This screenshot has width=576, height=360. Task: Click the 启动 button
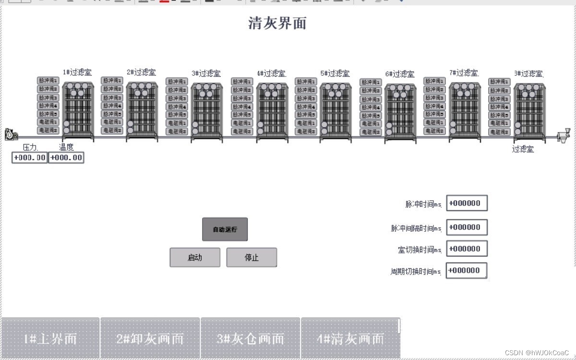point(195,257)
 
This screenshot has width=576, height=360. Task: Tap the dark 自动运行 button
point(225,229)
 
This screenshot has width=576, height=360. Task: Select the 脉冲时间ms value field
point(467,203)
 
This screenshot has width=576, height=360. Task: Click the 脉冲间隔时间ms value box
point(467,227)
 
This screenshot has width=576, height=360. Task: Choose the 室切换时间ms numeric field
point(467,249)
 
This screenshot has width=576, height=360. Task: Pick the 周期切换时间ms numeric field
point(467,270)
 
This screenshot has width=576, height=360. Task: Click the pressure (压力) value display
point(30,157)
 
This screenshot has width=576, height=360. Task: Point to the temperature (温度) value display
point(66,157)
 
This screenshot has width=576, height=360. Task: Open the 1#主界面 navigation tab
point(50,338)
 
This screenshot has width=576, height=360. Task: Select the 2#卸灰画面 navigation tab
point(150,338)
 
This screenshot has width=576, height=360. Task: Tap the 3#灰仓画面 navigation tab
point(250,338)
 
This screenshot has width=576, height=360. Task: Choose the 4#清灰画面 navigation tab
point(350,338)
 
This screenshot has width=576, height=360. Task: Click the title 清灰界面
point(277,23)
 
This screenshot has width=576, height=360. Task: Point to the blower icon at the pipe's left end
point(10,134)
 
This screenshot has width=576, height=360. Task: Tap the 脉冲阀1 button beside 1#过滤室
point(48,81)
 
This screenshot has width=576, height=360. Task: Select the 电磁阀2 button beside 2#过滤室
point(112,130)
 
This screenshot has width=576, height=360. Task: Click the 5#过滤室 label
point(335,73)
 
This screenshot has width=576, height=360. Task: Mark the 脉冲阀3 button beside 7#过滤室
point(434,98)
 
